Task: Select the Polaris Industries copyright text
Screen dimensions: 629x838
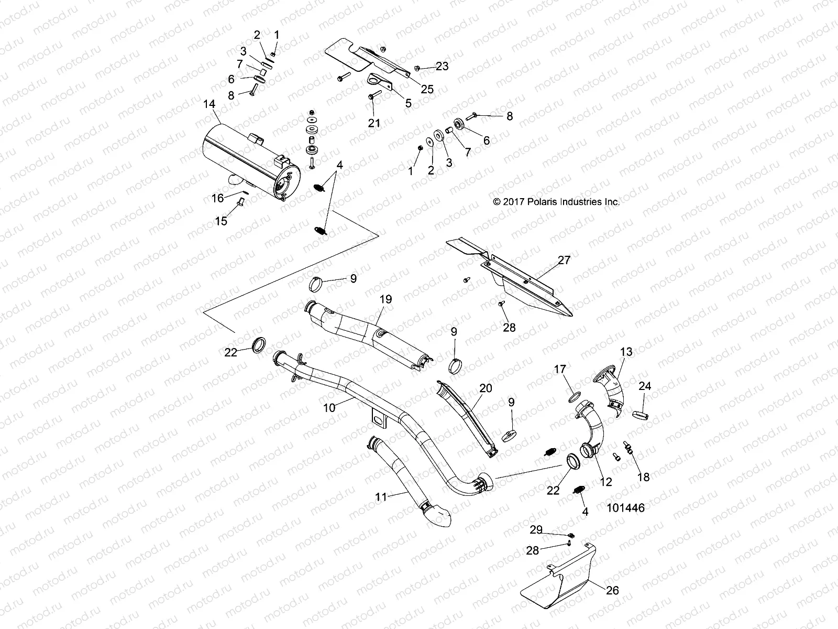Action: coord(556,201)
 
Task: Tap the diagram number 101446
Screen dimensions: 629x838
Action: coord(626,507)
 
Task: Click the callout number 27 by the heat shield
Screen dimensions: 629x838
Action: coord(564,260)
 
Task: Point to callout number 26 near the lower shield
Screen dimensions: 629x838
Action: coord(612,591)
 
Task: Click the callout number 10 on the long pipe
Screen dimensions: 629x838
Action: coord(329,408)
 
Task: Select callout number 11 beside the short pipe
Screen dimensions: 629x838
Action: coord(381,496)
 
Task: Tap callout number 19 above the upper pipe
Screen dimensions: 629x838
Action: coord(385,300)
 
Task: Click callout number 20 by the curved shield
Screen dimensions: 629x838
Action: coord(486,388)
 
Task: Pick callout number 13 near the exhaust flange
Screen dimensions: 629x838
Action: coord(626,351)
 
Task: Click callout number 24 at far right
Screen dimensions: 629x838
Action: coord(645,386)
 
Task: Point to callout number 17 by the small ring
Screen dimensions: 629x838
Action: coord(560,370)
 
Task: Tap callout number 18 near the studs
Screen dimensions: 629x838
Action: coord(643,477)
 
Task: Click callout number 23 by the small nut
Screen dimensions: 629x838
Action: coord(442,66)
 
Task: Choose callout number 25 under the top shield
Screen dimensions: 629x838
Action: coord(427,89)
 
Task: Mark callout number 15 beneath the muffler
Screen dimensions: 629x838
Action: coord(222,221)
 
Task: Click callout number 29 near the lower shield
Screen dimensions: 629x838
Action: coord(536,530)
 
